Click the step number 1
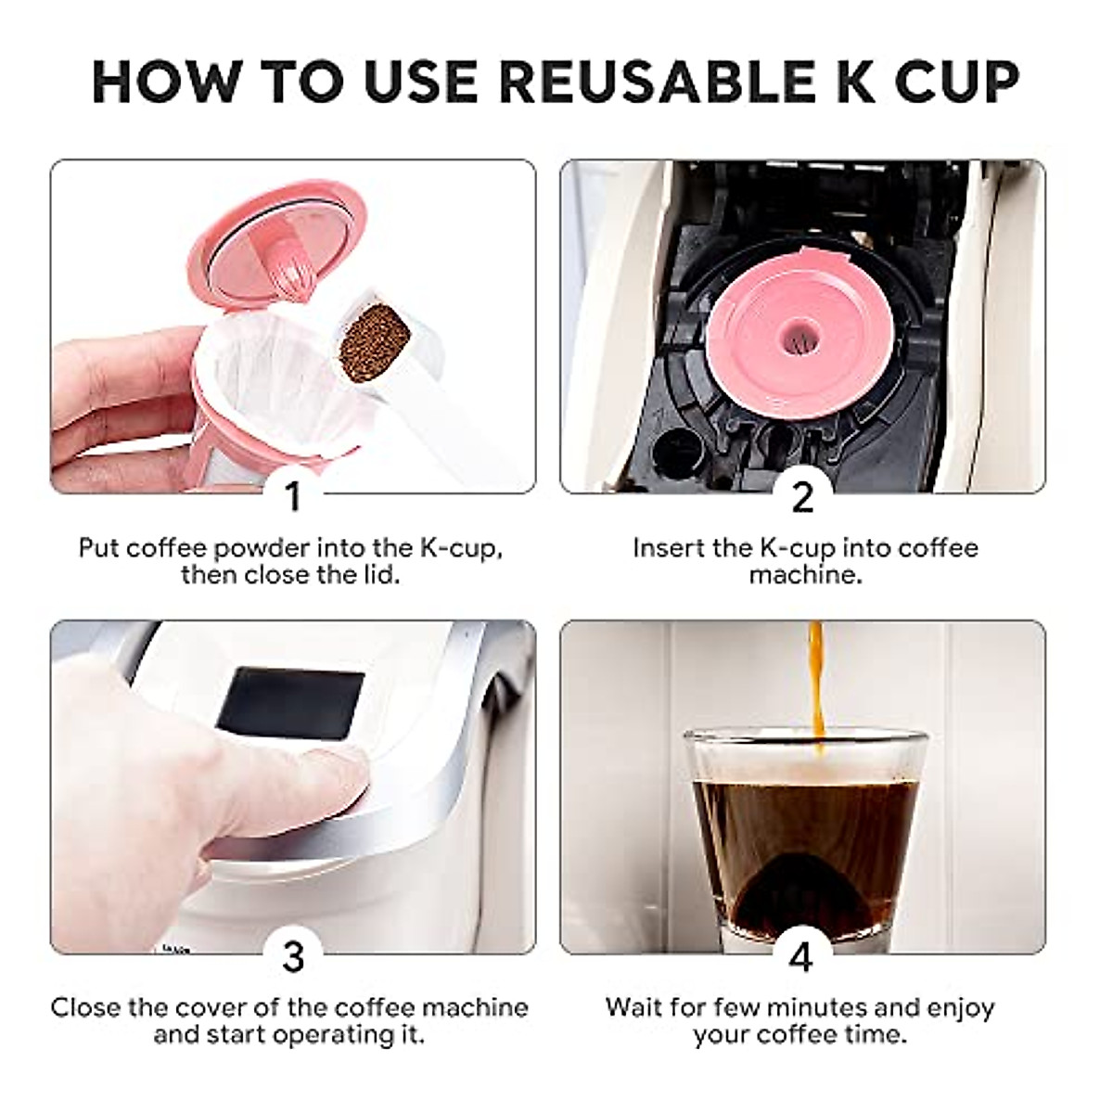[x=293, y=496]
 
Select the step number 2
[x=802, y=496]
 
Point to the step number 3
[x=293, y=955]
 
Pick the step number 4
[x=802, y=955]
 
